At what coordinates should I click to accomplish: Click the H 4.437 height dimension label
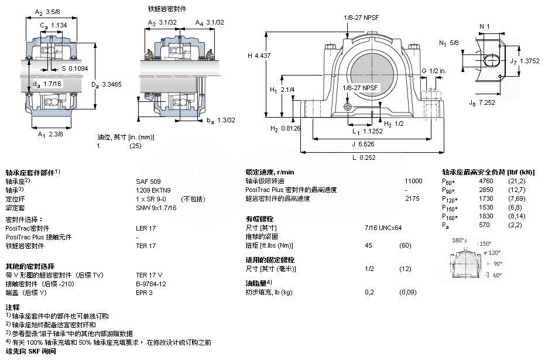coord(254,55)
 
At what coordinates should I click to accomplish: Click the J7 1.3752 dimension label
coord(523,60)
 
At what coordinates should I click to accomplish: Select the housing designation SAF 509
coord(148,181)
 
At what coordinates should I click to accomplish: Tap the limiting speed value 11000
coord(413,181)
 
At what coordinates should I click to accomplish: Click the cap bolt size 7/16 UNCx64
coord(383,227)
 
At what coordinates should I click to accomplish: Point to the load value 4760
coord(486,181)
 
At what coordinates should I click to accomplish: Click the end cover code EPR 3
coord(144,292)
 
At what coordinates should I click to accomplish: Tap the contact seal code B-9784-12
coord(151,283)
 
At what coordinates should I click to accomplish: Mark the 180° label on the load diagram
coord(458,241)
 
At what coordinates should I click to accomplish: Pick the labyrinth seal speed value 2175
coord(412,198)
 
